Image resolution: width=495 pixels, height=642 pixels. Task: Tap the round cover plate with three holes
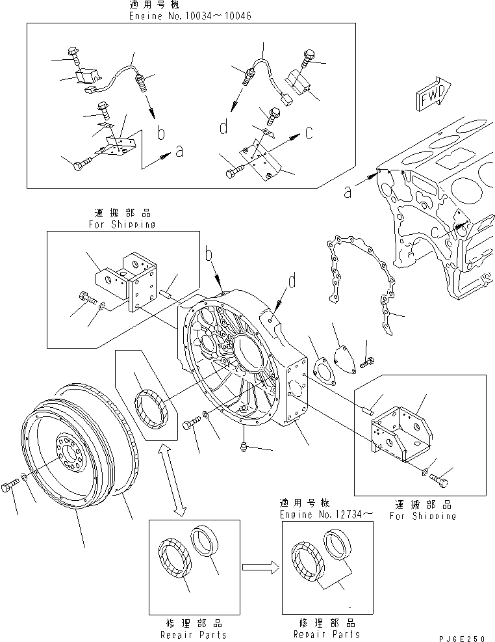pyautogui.click(x=342, y=356)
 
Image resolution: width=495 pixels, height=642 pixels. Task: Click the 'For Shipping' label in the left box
pyautogui.click(x=121, y=223)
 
